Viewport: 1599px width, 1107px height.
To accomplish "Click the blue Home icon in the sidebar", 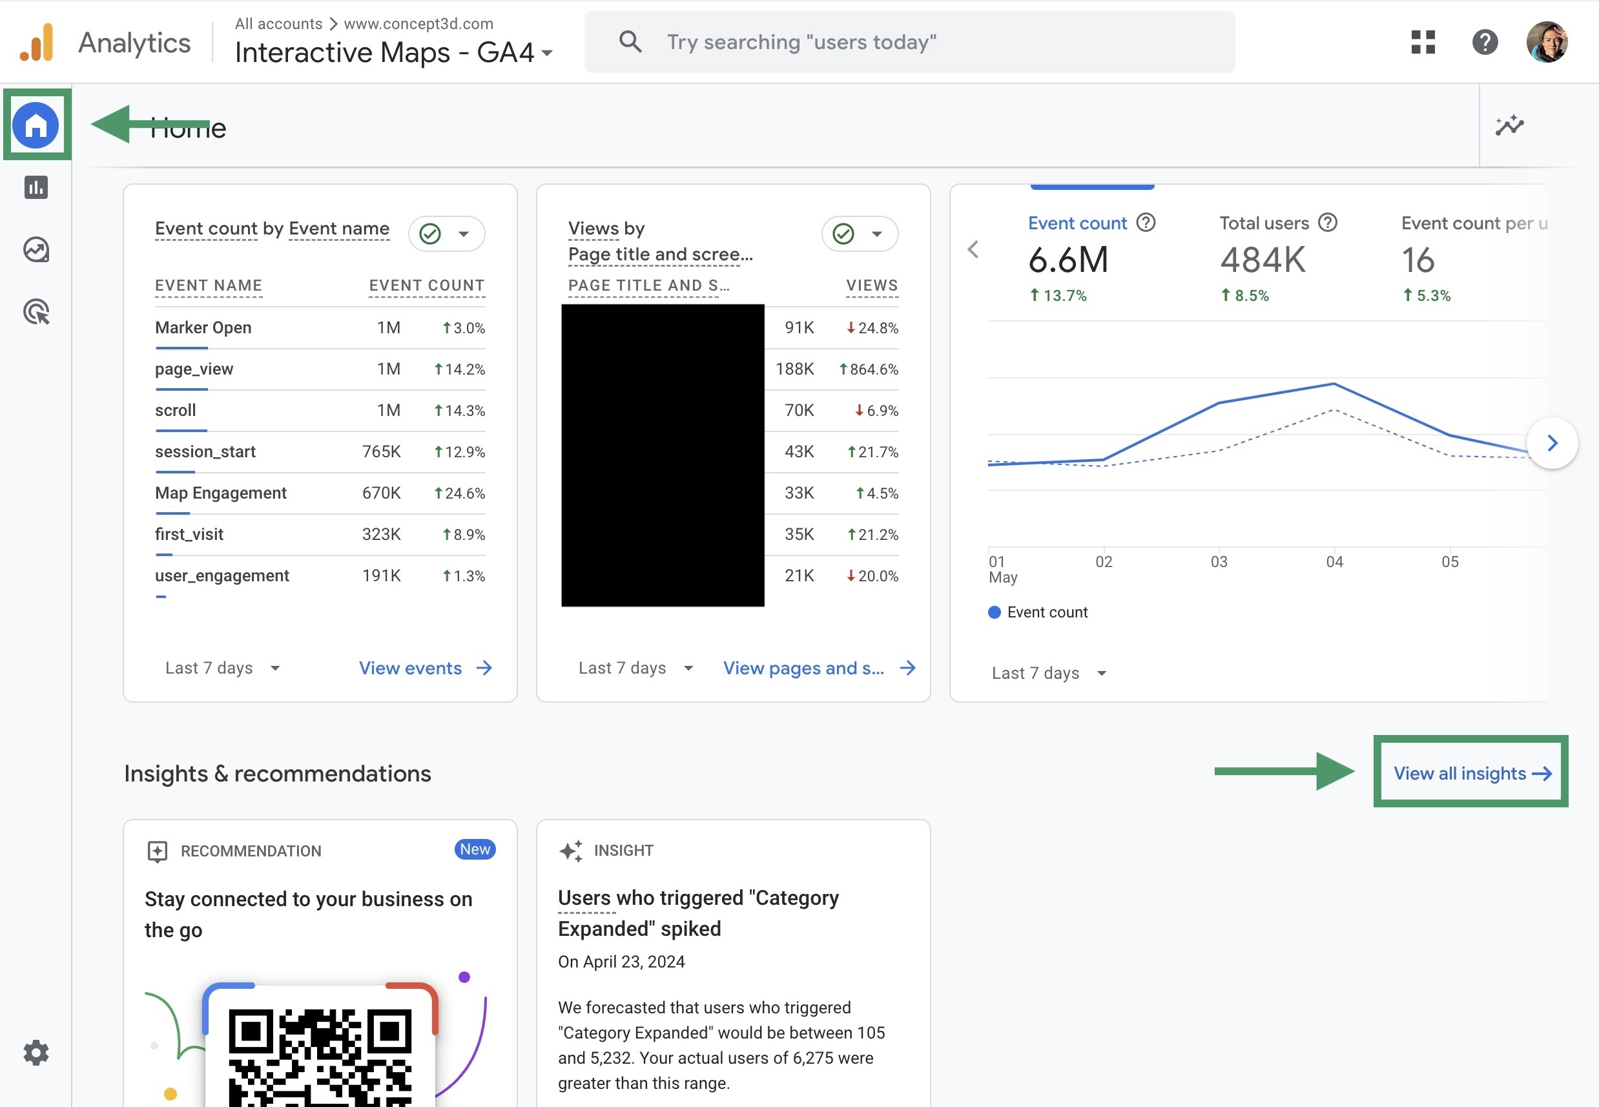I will (x=36, y=125).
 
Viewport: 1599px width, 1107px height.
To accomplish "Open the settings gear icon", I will (x=36, y=1052).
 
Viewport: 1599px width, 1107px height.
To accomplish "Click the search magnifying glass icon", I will (x=630, y=41).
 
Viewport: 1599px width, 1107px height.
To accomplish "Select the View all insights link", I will (x=1471, y=772).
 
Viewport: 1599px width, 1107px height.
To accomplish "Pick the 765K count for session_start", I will (x=382, y=451).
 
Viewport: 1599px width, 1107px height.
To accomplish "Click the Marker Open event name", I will (x=203, y=327).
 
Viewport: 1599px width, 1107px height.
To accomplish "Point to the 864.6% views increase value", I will (x=872, y=369).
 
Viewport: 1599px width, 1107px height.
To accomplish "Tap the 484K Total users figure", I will (x=1263, y=260).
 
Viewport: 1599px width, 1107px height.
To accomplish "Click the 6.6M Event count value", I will (x=1068, y=260).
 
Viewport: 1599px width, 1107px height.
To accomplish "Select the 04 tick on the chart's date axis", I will (x=1334, y=561).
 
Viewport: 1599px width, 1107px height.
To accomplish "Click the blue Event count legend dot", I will (x=994, y=612).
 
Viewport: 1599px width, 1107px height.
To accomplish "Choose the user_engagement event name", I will (x=222, y=575).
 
